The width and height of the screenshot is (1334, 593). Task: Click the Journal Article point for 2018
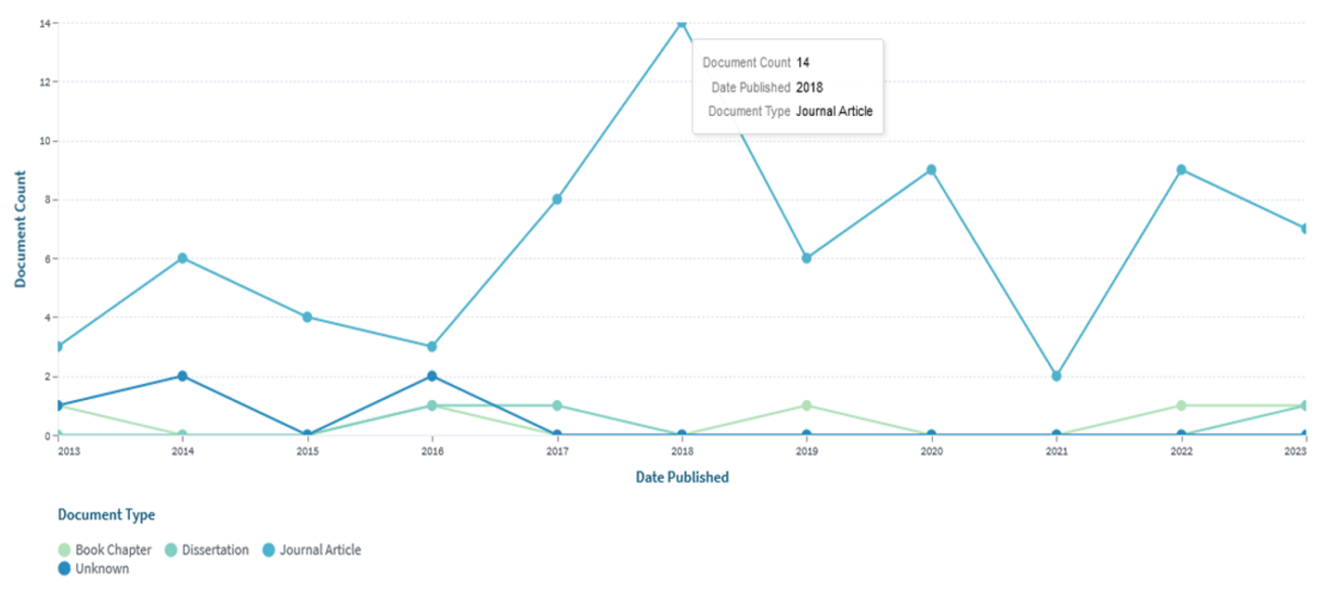point(681,22)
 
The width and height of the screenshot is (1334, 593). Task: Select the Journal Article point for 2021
point(1056,376)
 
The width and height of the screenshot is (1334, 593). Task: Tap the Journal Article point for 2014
point(183,258)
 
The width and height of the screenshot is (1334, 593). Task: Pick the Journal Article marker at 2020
point(931,170)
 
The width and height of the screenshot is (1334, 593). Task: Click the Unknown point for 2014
point(183,376)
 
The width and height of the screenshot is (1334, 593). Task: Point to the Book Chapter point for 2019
point(807,406)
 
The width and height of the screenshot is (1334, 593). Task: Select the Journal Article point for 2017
point(557,199)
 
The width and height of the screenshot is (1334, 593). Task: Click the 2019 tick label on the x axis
point(807,451)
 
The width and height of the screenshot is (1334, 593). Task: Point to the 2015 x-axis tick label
point(307,451)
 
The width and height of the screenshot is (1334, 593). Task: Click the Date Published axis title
point(681,477)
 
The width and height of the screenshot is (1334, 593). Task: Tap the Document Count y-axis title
point(20,228)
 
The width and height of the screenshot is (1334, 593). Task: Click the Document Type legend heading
point(106,514)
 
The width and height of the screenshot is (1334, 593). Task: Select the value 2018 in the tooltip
point(809,87)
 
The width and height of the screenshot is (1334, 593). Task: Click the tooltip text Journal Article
point(834,111)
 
